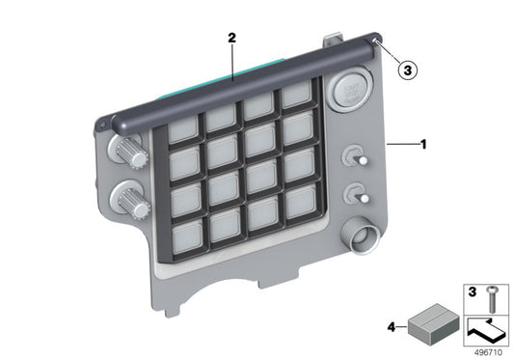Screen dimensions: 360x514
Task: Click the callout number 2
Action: pyautogui.click(x=231, y=38)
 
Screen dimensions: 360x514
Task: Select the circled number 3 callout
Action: pyautogui.click(x=408, y=69)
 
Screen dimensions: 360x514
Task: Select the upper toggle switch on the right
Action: pyautogui.click(x=357, y=159)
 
